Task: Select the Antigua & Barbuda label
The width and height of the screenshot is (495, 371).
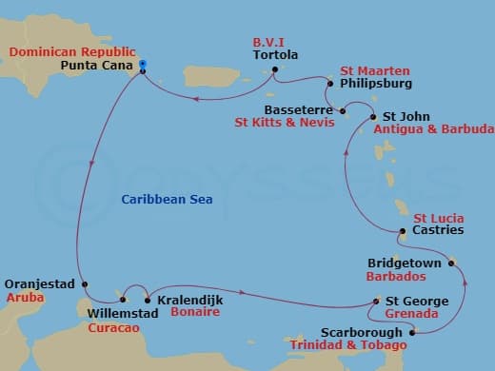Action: click(434, 128)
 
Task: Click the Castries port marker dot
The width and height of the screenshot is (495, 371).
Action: click(404, 231)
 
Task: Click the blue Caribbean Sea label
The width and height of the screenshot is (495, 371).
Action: click(167, 199)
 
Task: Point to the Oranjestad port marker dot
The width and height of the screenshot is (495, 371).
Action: click(85, 284)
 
